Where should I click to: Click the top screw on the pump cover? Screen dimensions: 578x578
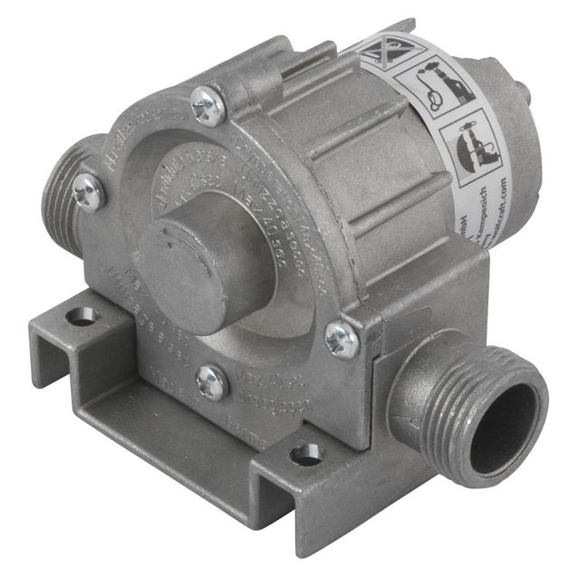[208, 106]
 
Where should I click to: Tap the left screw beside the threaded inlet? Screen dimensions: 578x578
[89, 192]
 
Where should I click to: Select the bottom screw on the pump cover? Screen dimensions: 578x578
[211, 382]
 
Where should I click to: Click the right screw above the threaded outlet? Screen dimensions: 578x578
[342, 339]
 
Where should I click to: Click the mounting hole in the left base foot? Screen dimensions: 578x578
[82, 316]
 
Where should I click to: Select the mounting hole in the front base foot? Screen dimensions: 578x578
[306, 454]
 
